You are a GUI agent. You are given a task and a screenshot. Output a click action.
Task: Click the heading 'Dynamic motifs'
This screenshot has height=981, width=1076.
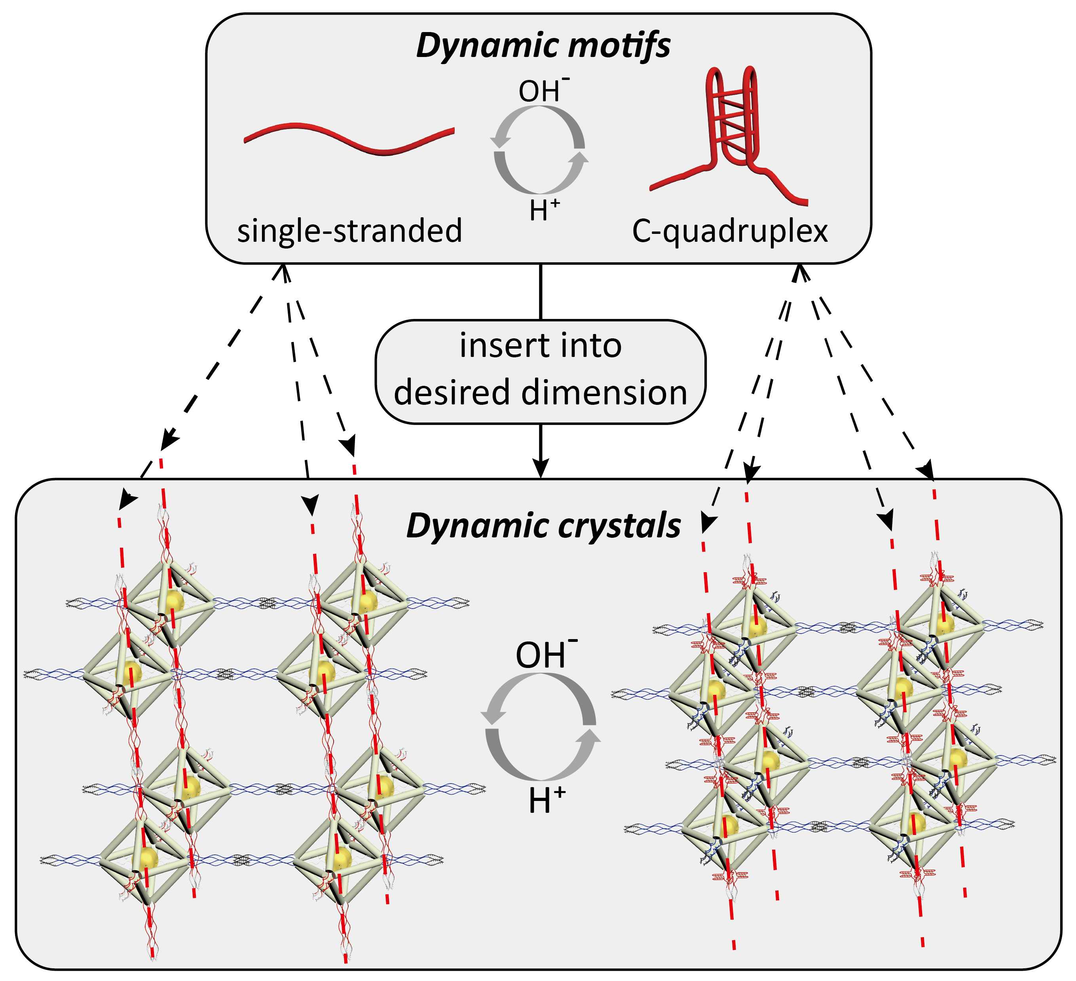tap(543, 46)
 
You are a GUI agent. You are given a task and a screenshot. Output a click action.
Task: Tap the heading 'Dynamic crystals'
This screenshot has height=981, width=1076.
tap(543, 526)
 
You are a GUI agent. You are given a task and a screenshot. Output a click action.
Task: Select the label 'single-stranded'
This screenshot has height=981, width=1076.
tap(349, 231)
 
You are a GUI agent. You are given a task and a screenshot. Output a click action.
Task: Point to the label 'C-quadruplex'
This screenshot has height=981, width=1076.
tap(730, 231)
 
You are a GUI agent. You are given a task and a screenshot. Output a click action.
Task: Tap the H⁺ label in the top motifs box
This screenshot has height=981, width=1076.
tap(544, 210)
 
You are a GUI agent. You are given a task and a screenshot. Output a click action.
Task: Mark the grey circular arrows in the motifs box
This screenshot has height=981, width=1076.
tap(539, 150)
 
